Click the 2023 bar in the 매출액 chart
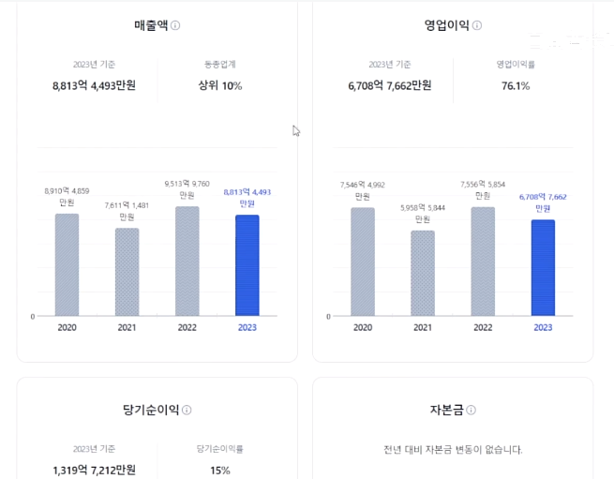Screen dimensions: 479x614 (247, 265)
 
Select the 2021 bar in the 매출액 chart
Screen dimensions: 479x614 (127, 272)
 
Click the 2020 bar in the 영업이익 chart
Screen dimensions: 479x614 (363, 262)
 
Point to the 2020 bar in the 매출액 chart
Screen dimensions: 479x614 (67, 264)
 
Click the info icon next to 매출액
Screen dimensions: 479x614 (175, 26)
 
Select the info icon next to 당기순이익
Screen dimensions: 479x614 (187, 411)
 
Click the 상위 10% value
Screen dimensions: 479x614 (220, 86)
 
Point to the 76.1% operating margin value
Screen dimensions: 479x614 (516, 86)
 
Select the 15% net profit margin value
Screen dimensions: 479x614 (220, 471)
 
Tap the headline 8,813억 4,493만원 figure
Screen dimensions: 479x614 (94, 86)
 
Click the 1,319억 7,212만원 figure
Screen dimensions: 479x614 (94, 471)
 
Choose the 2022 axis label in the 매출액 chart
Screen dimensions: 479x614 (187, 328)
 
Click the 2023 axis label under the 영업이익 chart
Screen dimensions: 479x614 (543, 328)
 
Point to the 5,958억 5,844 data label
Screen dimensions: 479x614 (423, 207)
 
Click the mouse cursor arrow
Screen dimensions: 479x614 (296, 131)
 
